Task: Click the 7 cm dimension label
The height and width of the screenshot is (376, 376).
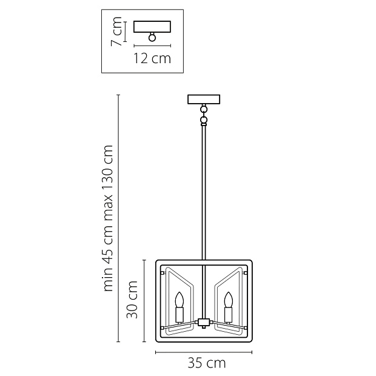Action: (116, 32)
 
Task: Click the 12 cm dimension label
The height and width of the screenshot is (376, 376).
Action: (152, 59)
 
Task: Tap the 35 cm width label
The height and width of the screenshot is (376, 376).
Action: (207, 363)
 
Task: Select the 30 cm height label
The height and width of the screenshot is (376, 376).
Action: (132, 299)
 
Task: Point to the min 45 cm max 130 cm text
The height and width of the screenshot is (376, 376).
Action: (108, 218)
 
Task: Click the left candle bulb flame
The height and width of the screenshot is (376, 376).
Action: (180, 300)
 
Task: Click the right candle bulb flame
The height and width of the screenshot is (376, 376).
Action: (228, 300)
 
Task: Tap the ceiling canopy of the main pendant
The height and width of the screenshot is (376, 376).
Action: (204, 99)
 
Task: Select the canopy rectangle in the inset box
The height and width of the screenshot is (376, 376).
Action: (152, 27)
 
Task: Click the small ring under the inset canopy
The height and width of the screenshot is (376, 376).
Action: (152, 38)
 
